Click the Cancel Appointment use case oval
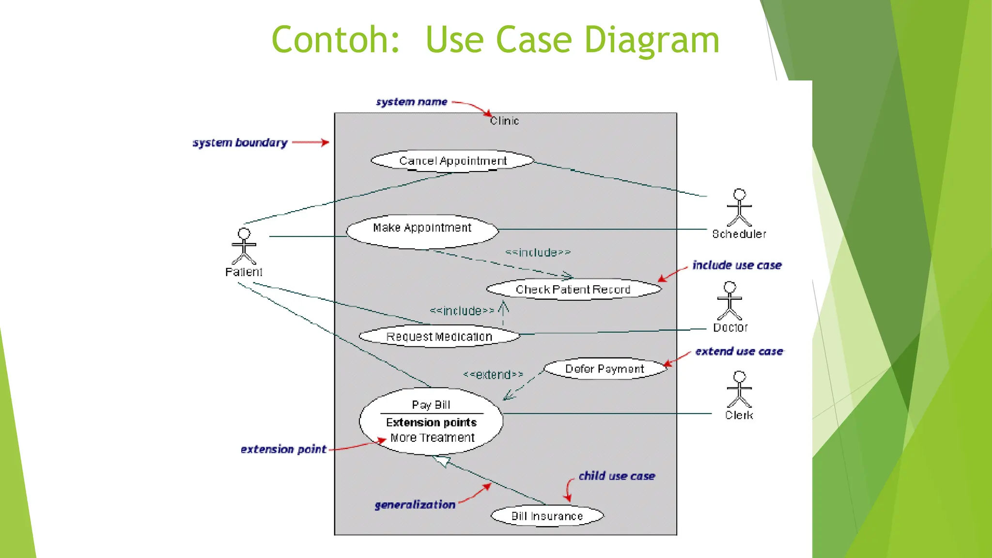(452, 161)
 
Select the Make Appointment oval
(422, 232)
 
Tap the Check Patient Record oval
(573, 289)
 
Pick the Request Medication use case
(439, 336)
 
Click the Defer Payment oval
(604, 369)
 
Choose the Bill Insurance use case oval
(547, 516)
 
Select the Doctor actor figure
(729, 301)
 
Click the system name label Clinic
(504, 121)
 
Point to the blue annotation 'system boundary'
(240, 143)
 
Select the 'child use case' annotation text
(617, 476)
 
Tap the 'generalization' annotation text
(415, 505)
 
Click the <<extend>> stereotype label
(493, 374)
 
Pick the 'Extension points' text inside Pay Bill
(431, 422)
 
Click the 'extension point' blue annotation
(283, 449)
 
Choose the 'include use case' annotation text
(737, 265)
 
